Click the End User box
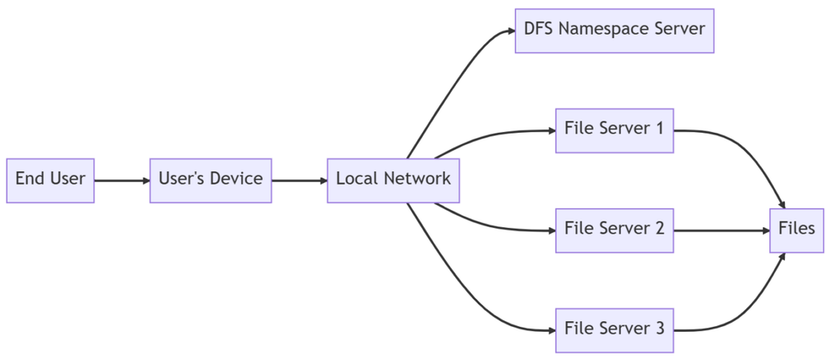(50, 180)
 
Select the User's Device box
(211, 180)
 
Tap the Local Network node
(393, 180)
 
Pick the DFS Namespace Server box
(614, 31)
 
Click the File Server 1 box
(614, 130)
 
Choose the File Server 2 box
(614, 230)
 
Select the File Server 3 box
(614, 329)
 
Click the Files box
(797, 230)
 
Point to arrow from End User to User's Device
(122, 180)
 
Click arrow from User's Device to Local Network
(299, 180)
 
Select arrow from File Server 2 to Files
(721, 230)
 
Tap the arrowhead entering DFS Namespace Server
(510, 32)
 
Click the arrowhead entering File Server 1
(550, 130)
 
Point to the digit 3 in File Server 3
(659, 328)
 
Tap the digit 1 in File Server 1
(659, 129)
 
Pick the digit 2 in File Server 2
(659, 228)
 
